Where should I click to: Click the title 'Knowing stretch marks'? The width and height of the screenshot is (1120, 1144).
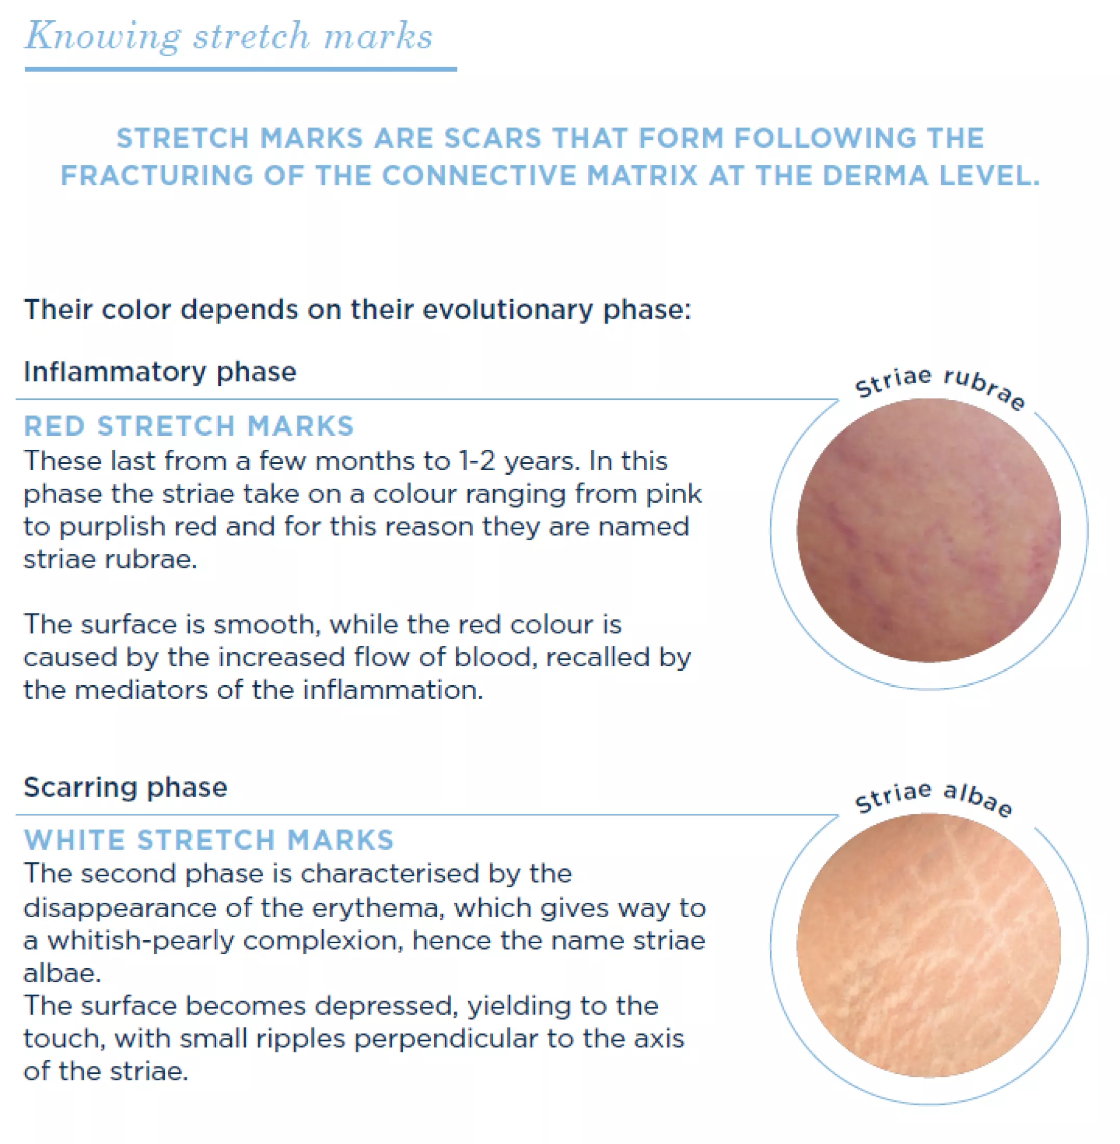pyautogui.click(x=229, y=36)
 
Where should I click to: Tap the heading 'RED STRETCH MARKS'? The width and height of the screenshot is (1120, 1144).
pyautogui.click(x=189, y=426)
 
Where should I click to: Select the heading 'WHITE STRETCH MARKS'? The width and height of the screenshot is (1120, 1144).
pyautogui.click(x=209, y=840)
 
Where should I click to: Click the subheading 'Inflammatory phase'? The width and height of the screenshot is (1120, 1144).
pyautogui.click(x=160, y=372)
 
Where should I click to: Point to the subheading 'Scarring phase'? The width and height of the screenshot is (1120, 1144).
pyautogui.click(x=125, y=787)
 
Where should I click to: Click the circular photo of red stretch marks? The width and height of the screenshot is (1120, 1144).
pyautogui.click(x=929, y=530)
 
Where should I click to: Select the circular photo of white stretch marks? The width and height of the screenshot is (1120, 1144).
pyautogui.click(x=929, y=946)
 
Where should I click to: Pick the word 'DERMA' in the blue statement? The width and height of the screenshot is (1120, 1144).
pyautogui.click(x=875, y=175)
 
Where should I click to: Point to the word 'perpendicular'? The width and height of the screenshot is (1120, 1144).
pyautogui.click(x=445, y=1038)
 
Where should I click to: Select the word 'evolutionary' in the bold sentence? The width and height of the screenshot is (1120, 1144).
pyautogui.click(x=508, y=310)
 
